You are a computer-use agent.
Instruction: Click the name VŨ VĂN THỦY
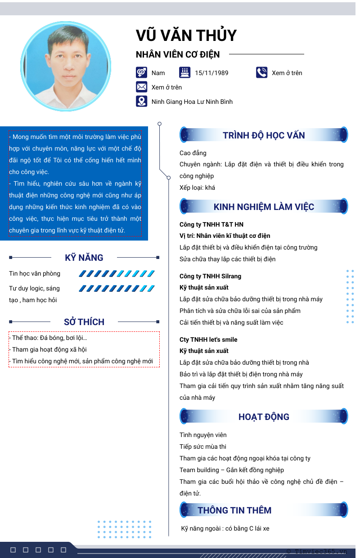coord(186,36)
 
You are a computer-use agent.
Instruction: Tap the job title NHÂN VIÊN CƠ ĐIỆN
coord(178,54)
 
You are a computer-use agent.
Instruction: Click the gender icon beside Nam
coord(141,72)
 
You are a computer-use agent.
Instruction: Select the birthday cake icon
coord(184,72)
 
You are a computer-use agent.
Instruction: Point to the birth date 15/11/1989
coord(211,73)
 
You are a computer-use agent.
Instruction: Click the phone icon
coord(261,72)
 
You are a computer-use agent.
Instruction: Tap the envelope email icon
coord(141,87)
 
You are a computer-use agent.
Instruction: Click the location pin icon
coord(141,101)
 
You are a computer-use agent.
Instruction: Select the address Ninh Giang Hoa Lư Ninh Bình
coord(192,102)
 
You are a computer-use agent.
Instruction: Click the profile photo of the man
coord(66,67)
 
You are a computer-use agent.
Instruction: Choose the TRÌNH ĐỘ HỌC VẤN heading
coord(264,135)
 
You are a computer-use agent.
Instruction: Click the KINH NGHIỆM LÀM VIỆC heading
coord(264,207)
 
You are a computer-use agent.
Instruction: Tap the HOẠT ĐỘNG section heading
coord(264,417)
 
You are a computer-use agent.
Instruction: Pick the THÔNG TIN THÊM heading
coord(234,510)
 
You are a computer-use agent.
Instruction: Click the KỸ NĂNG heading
coord(84,258)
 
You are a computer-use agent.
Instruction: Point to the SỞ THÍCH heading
coord(84,322)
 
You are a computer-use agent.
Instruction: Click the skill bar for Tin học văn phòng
coord(117,273)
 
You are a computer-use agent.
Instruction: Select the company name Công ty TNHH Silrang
coord(210,276)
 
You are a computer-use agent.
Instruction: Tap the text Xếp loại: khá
coord(197,187)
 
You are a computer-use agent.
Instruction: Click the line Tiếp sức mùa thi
coord(202,446)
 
